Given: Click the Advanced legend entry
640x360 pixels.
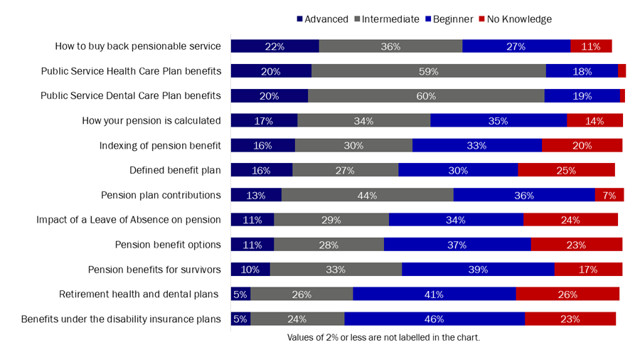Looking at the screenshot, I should coord(322,19).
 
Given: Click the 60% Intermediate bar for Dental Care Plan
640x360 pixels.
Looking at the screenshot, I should coord(426,96).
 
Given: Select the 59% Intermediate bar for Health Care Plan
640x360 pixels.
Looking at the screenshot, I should coord(428,71).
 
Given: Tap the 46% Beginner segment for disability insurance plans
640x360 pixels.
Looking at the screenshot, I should coord(434,319).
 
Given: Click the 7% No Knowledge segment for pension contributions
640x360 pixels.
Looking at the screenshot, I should coord(609,195).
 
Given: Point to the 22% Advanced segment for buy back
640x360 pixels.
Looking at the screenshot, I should coord(275,46).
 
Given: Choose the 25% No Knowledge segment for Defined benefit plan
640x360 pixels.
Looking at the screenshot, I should coord(566,170).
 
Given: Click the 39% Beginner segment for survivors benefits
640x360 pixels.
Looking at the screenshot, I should coord(478,270).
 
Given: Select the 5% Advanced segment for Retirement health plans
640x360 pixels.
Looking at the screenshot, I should coord(241,295).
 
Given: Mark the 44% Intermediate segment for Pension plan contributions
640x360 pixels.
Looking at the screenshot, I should coord(367,195).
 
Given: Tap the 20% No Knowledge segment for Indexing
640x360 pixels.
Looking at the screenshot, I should coord(582,146).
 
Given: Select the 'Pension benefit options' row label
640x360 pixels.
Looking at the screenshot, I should coord(168,245).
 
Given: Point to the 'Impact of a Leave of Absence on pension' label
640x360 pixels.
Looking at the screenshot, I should coord(129,220).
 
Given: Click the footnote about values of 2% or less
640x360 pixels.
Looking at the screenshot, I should coord(383,337).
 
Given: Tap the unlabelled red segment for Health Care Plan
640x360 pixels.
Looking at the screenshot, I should coord(622,71).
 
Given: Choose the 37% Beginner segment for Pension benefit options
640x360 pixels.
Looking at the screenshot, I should coord(457,245).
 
